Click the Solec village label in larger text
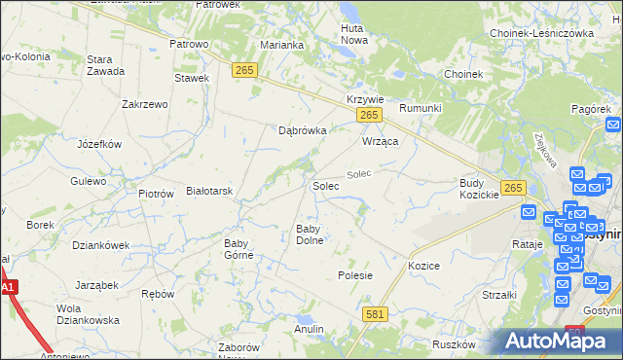pyautogui.click(x=325, y=185)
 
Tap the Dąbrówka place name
pyautogui.click(x=302, y=129)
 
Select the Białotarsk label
pyautogui.click(x=209, y=191)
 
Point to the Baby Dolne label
pyautogui.click(x=310, y=234)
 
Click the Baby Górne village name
pyautogui.click(x=238, y=249)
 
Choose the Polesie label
pyautogui.click(x=355, y=275)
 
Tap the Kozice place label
pyautogui.click(x=424, y=266)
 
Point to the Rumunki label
pyautogui.click(x=421, y=108)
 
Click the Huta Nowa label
pyautogui.click(x=352, y=34)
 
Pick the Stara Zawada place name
pyautogui.click(x=105, y=65)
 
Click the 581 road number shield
pyautogui.click(x=376, y=314)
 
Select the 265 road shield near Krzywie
pyautogui.click(x=368, y=116)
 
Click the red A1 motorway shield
pyautogui.click(x=8, y=288)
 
